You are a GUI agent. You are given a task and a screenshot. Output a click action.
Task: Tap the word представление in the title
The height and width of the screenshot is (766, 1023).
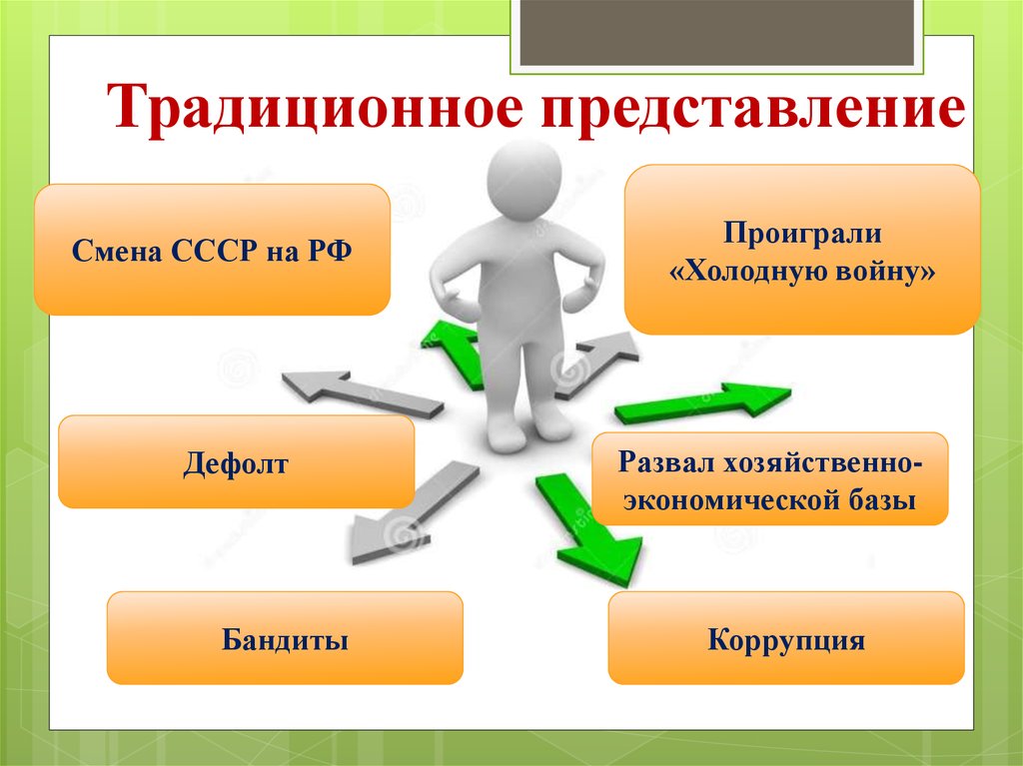coord(754,111)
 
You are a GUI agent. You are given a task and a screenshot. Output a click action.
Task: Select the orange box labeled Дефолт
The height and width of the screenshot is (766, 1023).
coord(236,462)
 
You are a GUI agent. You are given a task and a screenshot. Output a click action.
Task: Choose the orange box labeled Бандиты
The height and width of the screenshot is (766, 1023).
coord(285,638)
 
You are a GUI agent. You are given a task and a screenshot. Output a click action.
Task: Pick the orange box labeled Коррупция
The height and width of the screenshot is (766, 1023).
coord(786,638)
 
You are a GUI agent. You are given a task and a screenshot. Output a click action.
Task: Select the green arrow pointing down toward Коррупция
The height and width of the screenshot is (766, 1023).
coord(588,530)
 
